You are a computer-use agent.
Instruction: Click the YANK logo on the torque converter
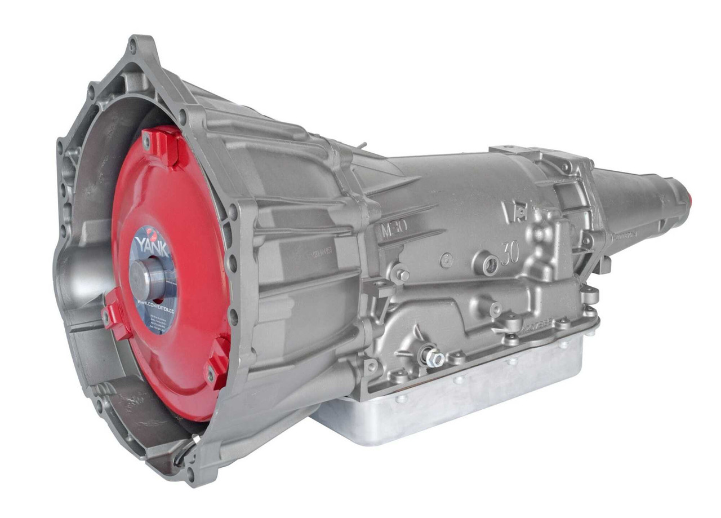coord(152,246)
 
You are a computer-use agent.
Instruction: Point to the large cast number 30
coord(509,253)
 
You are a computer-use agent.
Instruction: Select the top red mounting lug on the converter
coord(163,146)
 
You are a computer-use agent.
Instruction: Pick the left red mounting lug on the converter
coord(117,316)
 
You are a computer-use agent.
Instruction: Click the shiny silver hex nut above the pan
coord(433,357)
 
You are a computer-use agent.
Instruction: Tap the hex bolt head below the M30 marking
coord(402,275)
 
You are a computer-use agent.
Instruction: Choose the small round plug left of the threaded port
coord(447,260)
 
